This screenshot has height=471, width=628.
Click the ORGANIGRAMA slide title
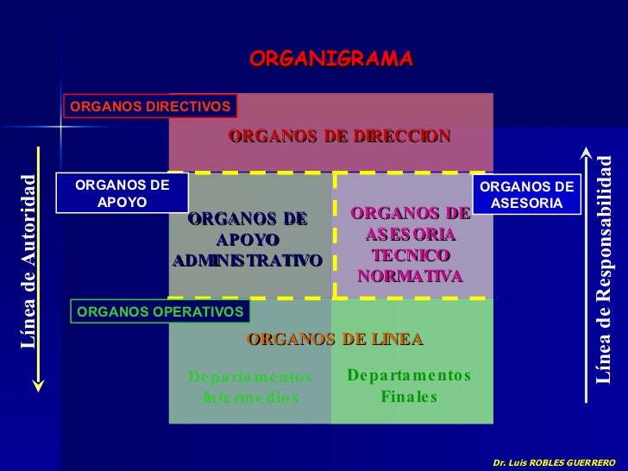(331, 59)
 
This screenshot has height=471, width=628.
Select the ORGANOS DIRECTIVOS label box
(150, 106)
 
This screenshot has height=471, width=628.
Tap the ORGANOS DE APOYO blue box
(122, 193)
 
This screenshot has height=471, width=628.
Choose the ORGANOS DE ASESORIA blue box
(526, 195)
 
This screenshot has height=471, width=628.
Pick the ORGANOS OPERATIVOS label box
(160, 311)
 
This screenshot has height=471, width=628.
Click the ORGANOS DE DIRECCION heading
(339, 136)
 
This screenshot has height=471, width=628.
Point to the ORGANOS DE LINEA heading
(335, 339)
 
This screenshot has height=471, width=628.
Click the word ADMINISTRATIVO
(248, 260)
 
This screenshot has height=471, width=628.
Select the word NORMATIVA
(410, 276)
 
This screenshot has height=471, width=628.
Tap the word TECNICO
(410, 255)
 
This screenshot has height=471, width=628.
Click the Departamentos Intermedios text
(250, 387)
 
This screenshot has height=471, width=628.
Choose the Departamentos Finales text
(409, 386)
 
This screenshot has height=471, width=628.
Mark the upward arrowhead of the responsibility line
(586, 153)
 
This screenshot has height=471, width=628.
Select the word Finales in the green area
(409, 398)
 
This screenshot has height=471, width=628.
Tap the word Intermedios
(250, 399)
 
